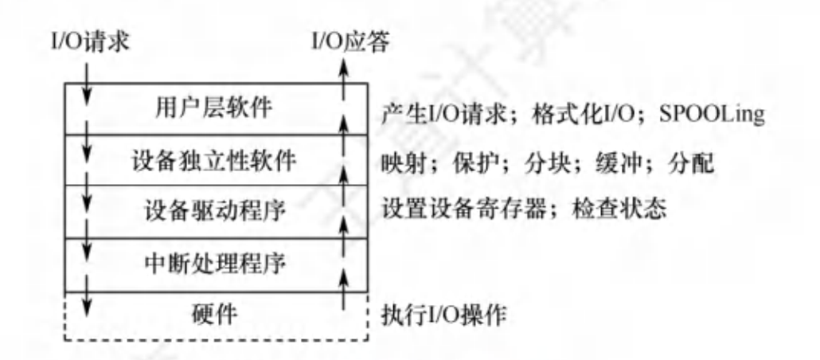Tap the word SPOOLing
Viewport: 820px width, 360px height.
[x=713, y=115]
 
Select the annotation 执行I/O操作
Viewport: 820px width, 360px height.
[x=443, y=313]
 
